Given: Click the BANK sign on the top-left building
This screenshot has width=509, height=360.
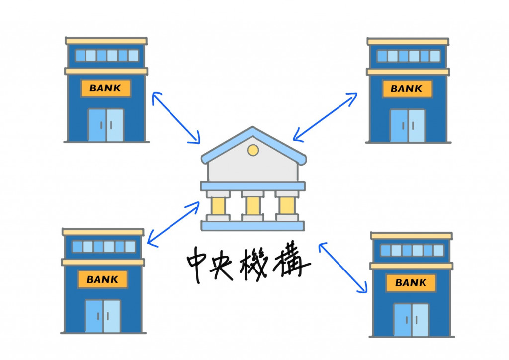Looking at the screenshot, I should pyautogui.click(x=105, y=89).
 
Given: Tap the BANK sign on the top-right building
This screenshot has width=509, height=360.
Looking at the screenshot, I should pyautogui.click(x=407, y=89).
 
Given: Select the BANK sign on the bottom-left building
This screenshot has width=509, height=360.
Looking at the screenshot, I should pyautogui.click(x=102, y=279).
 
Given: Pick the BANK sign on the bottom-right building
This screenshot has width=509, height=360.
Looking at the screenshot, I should pyautogui.click(x=411, y=283).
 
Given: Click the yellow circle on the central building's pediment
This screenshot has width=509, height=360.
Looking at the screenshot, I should pyautogui.click(x=253, y=149).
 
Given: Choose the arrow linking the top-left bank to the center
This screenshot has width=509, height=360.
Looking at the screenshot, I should pyautogui.click(x=176, y=117).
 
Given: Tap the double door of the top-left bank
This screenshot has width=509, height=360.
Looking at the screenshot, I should pyautogui.click(x=106, y=125).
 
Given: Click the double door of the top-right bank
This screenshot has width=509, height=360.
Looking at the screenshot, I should pyautogui.click(x=408, y=125).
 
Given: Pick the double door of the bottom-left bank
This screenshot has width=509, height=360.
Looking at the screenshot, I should pyautogui.click(x=103, y=316).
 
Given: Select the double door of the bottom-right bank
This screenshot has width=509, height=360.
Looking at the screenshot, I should pyautogui.click(x=411, y=320).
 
